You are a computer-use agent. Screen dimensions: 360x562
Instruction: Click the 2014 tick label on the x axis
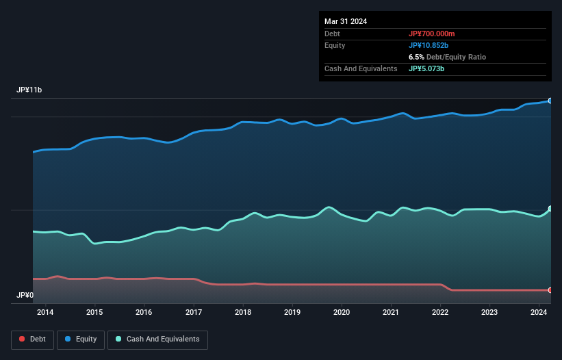45,312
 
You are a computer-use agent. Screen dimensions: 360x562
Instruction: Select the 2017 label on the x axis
194,312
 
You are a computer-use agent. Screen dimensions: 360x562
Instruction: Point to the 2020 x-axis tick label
342,312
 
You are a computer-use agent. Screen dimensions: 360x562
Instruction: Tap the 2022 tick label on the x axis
440,312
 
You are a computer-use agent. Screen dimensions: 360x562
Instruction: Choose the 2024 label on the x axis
539,312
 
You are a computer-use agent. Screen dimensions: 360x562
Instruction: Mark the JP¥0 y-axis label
25,295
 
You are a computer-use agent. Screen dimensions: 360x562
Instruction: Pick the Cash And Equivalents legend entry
157,339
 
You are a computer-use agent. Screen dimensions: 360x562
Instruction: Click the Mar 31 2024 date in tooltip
346,21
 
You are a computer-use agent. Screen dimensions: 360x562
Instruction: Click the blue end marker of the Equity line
550,101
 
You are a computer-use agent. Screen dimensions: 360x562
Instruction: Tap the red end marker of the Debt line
550,290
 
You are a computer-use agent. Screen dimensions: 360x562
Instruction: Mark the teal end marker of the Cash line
550,209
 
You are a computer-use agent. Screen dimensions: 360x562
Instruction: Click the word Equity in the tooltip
335,45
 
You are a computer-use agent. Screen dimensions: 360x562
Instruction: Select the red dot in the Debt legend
23,339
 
